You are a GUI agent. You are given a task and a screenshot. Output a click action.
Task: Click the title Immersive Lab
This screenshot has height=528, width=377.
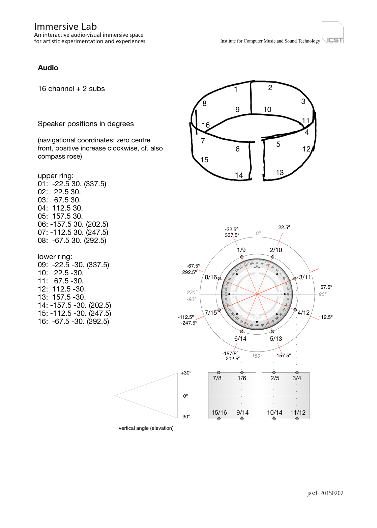pos(65,26)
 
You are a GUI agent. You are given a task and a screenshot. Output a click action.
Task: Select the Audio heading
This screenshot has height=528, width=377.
pos(48,68)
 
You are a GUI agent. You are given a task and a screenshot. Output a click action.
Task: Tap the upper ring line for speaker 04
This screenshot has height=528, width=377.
pos(60,208)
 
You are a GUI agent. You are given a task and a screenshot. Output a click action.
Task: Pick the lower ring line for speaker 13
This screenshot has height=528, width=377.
pos(62,297)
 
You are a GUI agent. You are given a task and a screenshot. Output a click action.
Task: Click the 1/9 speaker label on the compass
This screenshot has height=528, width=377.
pos(241,250)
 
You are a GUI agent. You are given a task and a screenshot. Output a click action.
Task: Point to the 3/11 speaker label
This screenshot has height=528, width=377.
pos(305,277)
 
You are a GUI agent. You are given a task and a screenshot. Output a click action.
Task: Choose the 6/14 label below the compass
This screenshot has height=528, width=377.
pos(240,339)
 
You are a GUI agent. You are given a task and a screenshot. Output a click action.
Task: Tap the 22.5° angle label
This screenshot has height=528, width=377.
pos(284,227)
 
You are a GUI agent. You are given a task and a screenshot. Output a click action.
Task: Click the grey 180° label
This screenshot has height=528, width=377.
pos(257,356)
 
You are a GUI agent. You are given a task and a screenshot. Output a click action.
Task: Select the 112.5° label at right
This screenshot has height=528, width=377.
pos(325,317)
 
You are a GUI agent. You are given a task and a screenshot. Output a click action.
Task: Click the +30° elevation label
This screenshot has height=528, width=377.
pos(186,373)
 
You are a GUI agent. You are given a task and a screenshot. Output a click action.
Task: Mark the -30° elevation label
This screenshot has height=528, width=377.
pos(185,417)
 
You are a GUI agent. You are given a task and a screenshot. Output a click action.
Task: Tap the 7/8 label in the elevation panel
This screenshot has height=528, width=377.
pos(217,378)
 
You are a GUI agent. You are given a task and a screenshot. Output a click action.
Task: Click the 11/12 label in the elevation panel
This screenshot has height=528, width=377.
pos(298,413)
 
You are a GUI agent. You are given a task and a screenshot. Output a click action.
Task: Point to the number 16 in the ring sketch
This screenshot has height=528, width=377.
pos(206,125)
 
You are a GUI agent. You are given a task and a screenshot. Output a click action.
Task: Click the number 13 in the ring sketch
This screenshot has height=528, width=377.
pos(280,173)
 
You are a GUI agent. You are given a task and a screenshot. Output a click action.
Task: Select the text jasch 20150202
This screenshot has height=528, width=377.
pos(325,493)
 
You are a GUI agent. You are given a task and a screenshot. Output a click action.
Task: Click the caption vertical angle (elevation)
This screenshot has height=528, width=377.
pos(146,428)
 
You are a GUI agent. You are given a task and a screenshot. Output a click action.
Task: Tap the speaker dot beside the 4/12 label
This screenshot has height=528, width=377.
pos(295,310)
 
